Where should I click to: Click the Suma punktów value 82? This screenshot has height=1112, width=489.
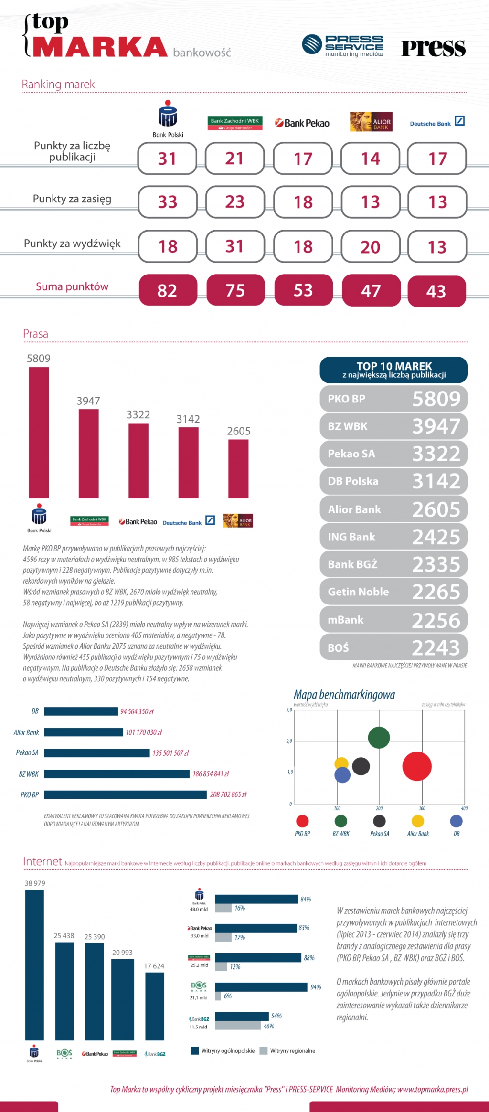point(168,290)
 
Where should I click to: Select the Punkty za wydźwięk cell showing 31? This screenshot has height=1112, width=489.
point(234,246)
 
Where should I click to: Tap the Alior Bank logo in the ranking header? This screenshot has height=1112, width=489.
point(371,122)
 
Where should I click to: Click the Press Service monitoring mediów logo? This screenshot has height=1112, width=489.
point(342,46)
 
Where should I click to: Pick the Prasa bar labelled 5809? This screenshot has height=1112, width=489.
point(39,432)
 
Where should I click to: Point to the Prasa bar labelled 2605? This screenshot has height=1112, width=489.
point(238,468)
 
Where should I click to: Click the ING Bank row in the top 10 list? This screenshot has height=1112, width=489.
point(393,537)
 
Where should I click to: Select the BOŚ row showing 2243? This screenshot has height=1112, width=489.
point(393,647)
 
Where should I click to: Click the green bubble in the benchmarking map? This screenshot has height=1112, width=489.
point(379,738)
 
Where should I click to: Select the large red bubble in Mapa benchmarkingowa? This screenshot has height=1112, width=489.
point(417,766)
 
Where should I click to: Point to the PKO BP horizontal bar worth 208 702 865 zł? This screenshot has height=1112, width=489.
point(126,794)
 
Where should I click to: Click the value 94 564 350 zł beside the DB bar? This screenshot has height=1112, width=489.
point(137,711)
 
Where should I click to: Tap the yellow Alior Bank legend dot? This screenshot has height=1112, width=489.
point(418,821)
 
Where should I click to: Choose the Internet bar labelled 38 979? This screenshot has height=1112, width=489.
point(34,964)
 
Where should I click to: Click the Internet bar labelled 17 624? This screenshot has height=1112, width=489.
point(154,1006)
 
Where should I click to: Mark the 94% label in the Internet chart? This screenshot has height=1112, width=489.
point(316,987)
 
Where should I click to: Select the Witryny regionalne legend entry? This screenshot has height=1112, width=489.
point(287,1050)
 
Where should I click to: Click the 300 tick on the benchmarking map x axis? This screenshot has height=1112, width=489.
point(422,808)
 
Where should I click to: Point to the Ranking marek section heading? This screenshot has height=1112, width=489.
point(58,85)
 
